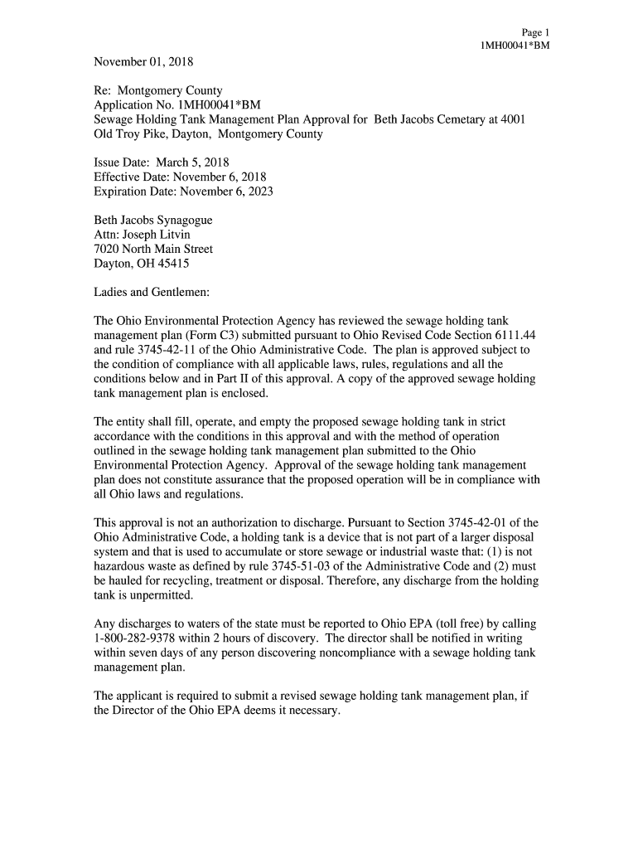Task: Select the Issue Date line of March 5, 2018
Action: coord(162,163)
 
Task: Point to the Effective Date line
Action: coord(180,177)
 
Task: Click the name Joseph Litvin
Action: coord(157,235)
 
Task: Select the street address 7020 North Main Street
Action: coord(153,249)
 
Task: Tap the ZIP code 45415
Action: coord(172,264)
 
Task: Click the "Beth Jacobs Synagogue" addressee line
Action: coord(153,221)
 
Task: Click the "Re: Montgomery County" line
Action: coord(158,90)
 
